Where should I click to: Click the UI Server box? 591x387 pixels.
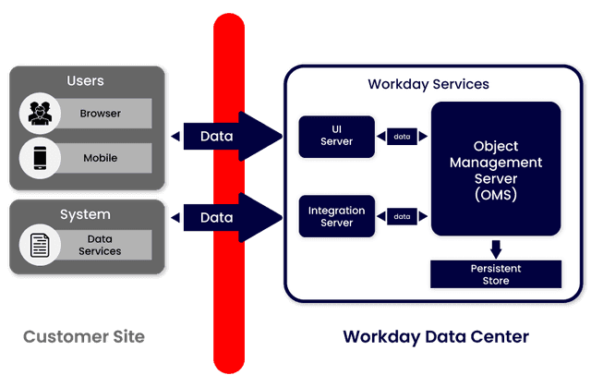click(x=336, y=136)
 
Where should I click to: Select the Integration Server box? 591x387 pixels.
click(x=336, y=216)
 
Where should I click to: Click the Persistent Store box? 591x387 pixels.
click(x=496, y=273)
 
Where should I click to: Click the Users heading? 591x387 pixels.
click(x=86, y=81)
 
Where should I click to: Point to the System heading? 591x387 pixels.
click(x=85, y=214)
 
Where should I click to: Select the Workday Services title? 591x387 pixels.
click(x=428, y=84)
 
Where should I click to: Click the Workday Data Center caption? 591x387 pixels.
click(x=435, y=336)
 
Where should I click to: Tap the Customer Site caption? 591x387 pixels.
click(x=84, y=336)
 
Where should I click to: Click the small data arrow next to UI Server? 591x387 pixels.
click(x=402, y=137)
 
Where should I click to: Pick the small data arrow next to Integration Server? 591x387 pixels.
click(x=402, y=216)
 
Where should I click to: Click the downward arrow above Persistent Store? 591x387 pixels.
click(x=496, y=248)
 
